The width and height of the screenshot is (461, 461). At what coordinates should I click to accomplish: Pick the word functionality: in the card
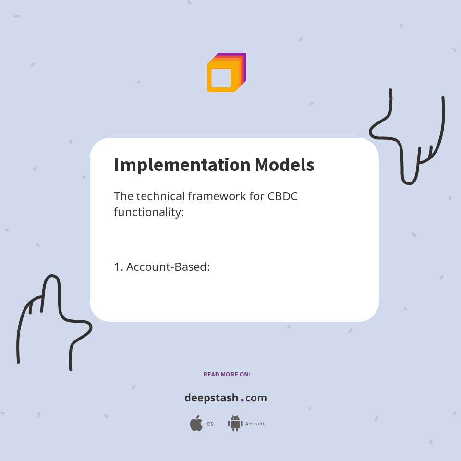(149, 212)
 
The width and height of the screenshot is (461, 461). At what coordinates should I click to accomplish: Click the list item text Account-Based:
(168, 267)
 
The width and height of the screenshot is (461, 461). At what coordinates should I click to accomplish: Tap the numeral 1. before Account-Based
(118, 267)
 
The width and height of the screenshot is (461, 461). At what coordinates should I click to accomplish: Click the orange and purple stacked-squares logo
(226, 72)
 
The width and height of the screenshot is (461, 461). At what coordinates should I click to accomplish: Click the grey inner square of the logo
(221, 78)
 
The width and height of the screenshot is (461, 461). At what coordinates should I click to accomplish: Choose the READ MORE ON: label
(227, 374)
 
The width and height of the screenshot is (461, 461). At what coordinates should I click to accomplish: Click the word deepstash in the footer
(211, 398)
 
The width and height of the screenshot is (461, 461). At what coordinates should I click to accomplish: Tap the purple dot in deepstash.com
(242, 400)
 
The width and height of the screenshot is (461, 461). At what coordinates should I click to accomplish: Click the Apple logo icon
(196, 424)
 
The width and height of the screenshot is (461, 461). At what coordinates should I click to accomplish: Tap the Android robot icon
(235, 424)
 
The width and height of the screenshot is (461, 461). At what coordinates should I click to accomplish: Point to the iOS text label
(209, 424)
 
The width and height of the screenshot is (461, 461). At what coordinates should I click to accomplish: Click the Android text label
(255, 424)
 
